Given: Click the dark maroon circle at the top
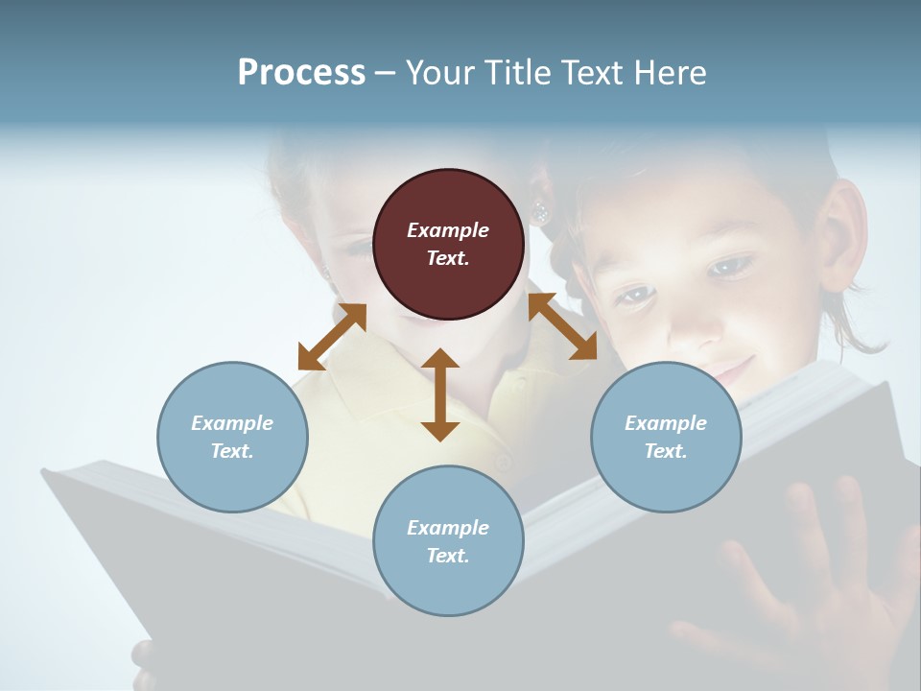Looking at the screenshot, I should (x=448, y=245).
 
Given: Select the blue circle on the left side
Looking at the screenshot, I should (x=232, y=438).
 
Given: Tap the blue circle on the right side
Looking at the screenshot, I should (x=666, y=438).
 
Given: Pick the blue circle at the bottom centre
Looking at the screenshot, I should (x=448, y=541).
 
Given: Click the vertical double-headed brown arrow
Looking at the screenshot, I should (x=440, y=394).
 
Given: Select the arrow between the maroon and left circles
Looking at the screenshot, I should (x=332, y=337).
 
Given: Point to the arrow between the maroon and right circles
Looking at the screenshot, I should (x=563, y=326).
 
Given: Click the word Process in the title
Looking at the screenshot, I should (x=301, y=73).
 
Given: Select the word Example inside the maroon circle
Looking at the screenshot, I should (x=448, y=230).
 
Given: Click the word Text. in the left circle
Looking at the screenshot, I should (x=232, y=451).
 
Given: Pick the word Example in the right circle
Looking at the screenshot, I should (x=666, y=423).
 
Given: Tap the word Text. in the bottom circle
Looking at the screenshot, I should (x=448, y=556).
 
